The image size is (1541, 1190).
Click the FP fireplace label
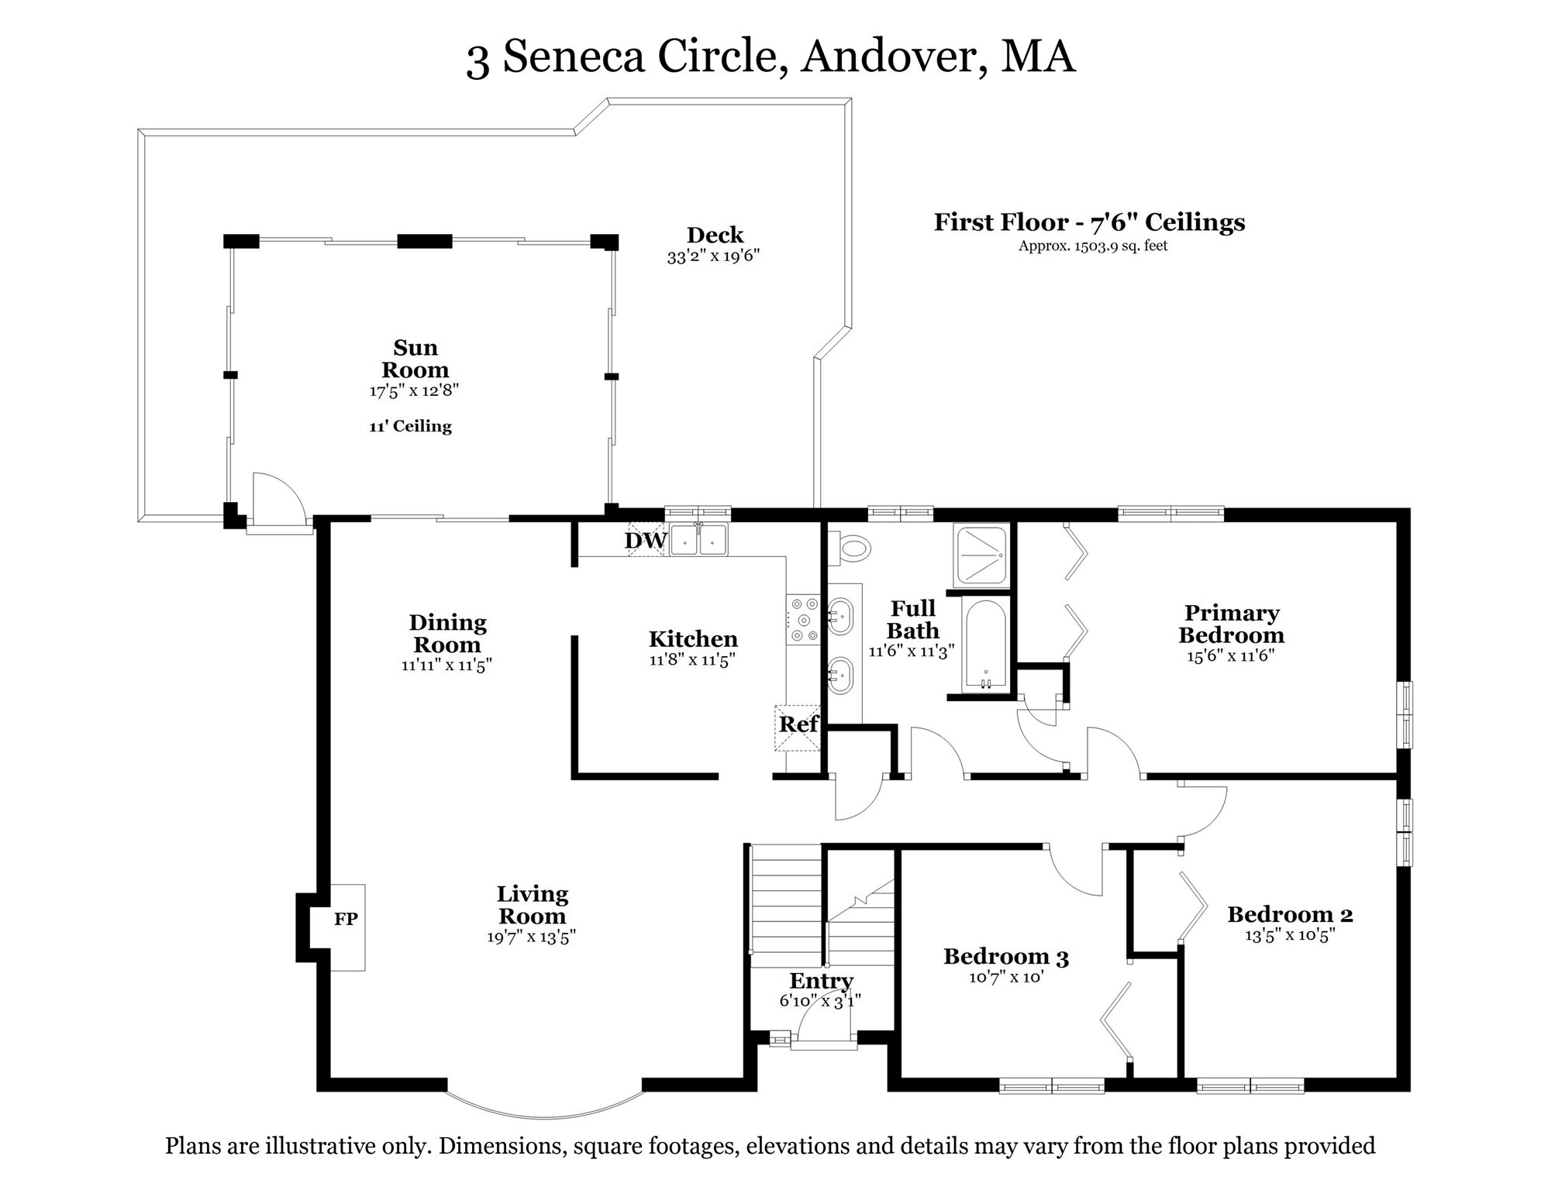tap(346, 919)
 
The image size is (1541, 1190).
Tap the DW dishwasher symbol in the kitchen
tap(646, 540)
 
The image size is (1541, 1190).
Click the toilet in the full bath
tap(851, 549)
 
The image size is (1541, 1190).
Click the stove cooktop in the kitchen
tap(803, 619)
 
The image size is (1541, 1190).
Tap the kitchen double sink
tap(698, 540)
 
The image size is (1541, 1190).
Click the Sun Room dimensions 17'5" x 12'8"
tap(414, 390)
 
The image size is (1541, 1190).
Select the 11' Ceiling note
tap(410, 426)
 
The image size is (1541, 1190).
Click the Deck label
tap(715, 235)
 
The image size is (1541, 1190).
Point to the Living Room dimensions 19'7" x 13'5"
tap(531, 937)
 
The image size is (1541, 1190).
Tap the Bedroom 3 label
tap(1005, 957)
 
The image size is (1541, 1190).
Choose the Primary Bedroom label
tap(1231, 624)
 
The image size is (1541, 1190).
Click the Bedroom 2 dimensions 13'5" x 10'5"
tap(1290, 935)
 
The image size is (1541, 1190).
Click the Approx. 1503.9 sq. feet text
tap(1092, 246)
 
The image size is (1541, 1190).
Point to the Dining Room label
tap(447, 633)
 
